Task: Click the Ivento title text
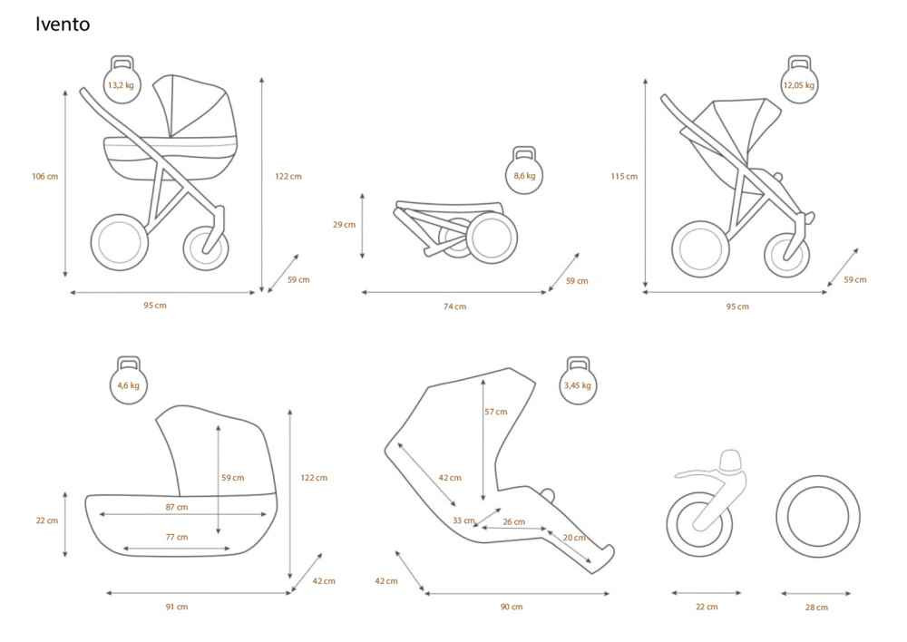(63, 24)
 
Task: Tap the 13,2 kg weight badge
(121, 81)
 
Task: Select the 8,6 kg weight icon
(524, 171)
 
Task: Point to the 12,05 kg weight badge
(799, 81)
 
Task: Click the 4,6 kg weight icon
(129, 381)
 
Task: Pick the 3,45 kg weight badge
(577, 381)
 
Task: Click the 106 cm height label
(45, 177)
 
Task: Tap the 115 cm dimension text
(624, 177)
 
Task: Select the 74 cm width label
(455, 306)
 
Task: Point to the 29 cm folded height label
(344, 224)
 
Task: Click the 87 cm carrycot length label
(177, 507)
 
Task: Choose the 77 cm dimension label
(177, 538)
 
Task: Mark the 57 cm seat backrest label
(496, 412)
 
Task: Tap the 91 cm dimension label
(177, 607)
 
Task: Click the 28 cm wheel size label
(817, 608)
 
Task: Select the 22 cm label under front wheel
(707, 607)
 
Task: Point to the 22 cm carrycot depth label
(47, 520)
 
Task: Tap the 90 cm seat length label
(512, 607)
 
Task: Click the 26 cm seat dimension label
(514, 521)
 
